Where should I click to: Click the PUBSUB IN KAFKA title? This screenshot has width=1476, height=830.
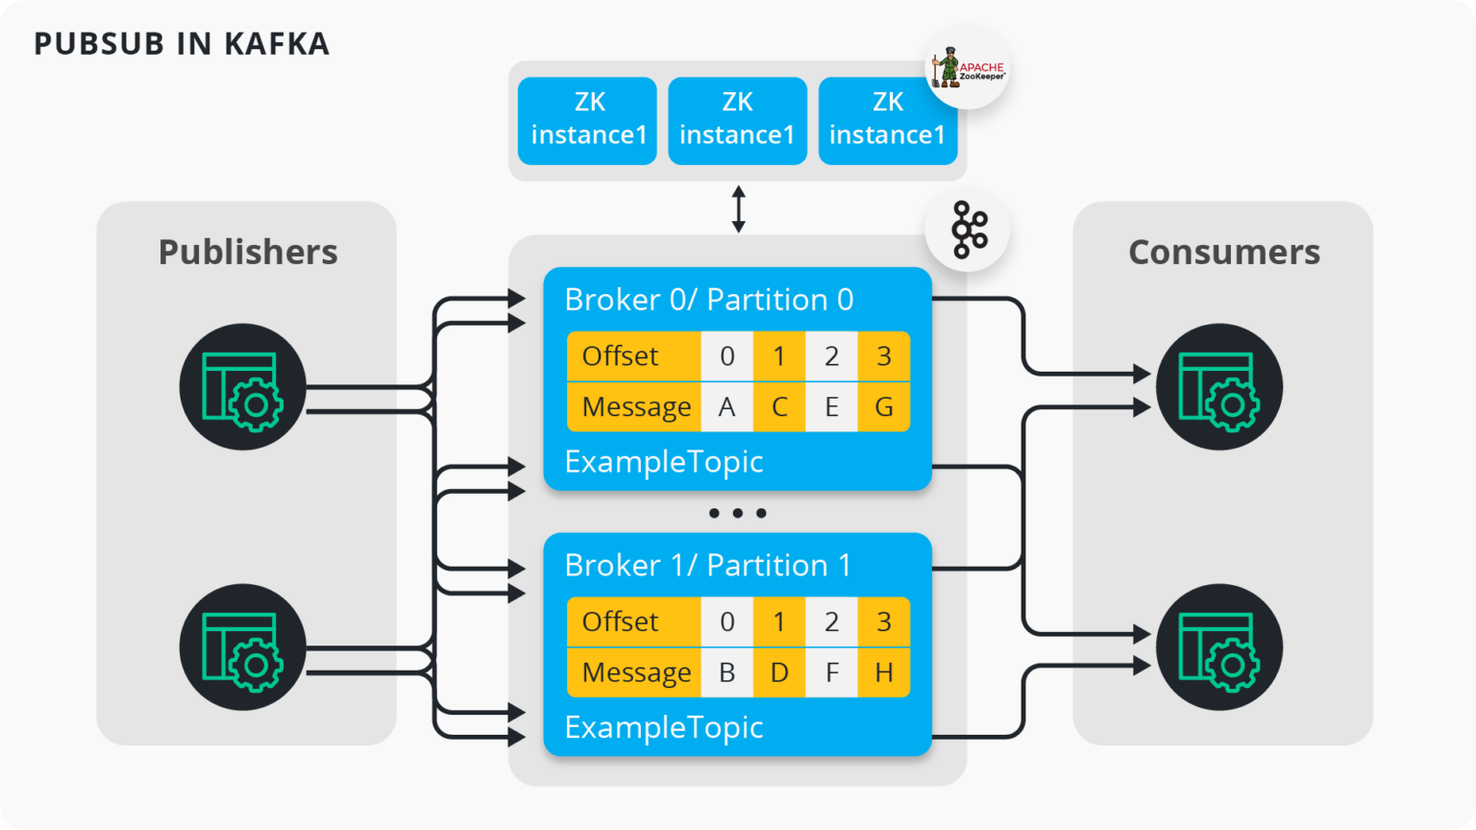[x=182, y=44]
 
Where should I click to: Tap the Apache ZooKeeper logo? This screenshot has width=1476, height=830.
[x=968, y=67]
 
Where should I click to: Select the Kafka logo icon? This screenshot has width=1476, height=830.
[x=968, y=230]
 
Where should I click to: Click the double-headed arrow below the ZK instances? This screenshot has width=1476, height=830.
[x=739, y=208]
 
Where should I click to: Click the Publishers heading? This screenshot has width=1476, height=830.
[x=248, y=252]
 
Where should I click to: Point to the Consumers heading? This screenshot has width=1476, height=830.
[x=1224, y=252]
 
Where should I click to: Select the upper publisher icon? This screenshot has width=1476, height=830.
[x=242, y=387]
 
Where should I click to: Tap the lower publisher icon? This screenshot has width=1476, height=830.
[x=242, y=647]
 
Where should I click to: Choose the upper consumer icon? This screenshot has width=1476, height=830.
[x=1219, y=387]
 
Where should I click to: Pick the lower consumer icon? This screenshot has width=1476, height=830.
[x=1219, y=647]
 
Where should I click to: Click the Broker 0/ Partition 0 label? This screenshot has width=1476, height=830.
[x=709, y=300]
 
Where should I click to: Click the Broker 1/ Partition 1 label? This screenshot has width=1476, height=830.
[x=708, y=565]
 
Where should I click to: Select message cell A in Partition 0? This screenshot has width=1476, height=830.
[x=726, y=407]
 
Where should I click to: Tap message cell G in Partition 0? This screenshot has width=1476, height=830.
[x=884, y=407]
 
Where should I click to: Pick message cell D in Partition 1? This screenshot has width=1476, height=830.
[x=779, y=672]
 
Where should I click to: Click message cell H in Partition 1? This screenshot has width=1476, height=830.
[x=884, y=672]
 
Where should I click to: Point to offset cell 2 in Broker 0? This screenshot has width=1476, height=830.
[x=831, y=356]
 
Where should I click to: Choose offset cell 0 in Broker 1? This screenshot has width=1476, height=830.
[x=726, y=622]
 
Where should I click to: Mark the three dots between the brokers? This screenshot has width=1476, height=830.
[x=737, y=513]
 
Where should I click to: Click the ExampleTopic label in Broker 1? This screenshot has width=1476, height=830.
[x=664, y=728]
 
